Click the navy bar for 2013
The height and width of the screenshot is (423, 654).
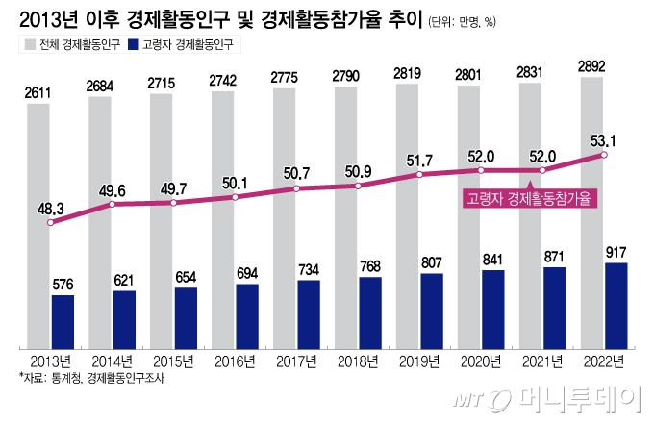coord(63,321)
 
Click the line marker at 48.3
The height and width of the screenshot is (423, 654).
coord(51,223)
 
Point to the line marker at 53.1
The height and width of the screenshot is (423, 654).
coord(603,155)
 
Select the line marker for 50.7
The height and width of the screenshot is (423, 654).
coord(296,189)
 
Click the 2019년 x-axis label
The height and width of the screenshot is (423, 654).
coord(420,361)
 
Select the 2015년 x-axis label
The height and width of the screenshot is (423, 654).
coord(174,361)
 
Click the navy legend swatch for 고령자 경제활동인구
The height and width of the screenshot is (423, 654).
coord(132,44)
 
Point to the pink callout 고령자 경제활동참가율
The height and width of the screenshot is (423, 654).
coord(528,199)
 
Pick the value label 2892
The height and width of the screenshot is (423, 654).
coord(591,65)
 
